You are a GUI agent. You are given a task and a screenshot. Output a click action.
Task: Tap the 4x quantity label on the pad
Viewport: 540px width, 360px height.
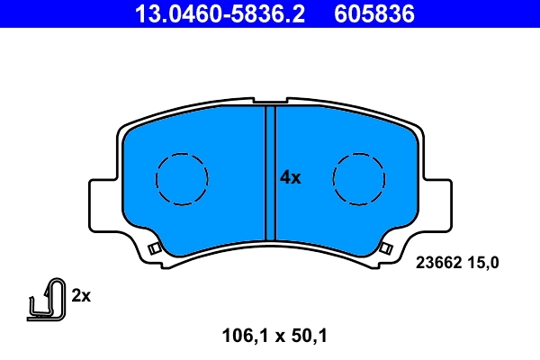pos(290,177)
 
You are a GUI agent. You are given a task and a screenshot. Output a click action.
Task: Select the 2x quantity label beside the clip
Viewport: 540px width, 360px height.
pos(82,295)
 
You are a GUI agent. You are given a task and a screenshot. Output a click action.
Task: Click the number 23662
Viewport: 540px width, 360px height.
pos(436,263)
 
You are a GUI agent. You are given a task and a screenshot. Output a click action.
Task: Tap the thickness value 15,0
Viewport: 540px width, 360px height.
pos(481,263)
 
